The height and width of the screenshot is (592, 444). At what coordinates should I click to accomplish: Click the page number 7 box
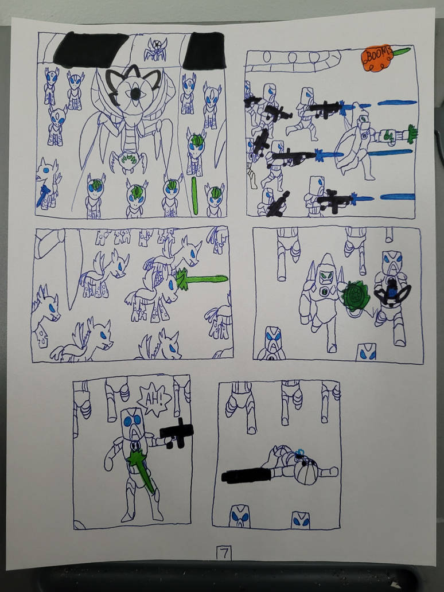point(224,553)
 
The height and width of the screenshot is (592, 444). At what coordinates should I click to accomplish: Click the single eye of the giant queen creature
point(136,94)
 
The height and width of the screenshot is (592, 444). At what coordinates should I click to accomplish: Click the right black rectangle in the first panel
point(204,50)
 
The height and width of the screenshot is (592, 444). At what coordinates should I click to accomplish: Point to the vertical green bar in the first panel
point(194,196)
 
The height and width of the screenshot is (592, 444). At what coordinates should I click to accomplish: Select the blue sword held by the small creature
point(42,195)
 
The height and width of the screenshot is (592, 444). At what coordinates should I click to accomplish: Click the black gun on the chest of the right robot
point(392,291)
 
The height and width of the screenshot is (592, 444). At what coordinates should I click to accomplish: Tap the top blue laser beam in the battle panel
point(396,103)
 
